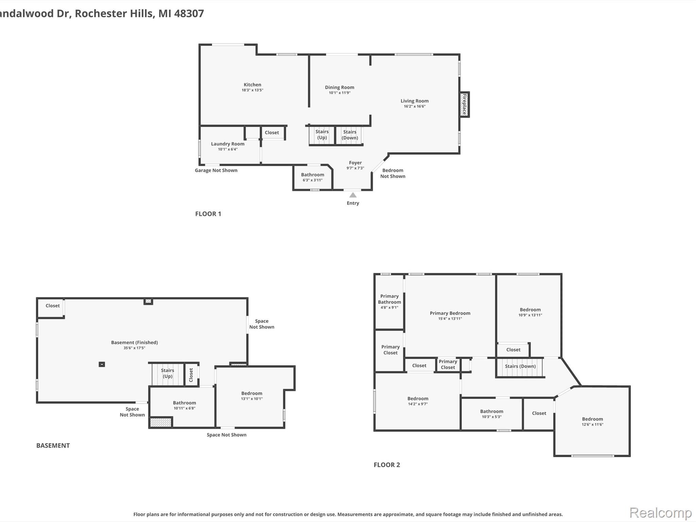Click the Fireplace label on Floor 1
click(x=464, y=104)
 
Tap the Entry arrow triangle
click(x=353, y=195)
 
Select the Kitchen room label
click(x=252, y=85)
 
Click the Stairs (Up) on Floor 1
click(x=322, y=135)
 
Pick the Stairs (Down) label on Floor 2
click(x=520, y=366)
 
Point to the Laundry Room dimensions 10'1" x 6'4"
click(x=227, y=149)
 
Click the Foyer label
click(x=355, y=163)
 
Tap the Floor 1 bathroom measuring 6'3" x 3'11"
click(x=312, y=177)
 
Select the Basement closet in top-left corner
click(x=52, y=306)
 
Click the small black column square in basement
click(x=102, y=364)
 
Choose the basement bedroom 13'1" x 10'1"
click(x=251, y=396)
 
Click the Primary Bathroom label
click(x=389, y=299)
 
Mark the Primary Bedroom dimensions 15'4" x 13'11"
click(x=450, y=318)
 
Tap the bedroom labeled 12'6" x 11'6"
click(x=592, y=421)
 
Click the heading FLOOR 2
click(x=387, y=465)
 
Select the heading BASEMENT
click(x=53, y=446)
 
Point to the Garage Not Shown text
click(x=216, y=170)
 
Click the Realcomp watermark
click(x=660, y=512)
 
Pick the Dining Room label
click(x=339, y=87)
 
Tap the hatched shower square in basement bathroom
click(x=161, y=422)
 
